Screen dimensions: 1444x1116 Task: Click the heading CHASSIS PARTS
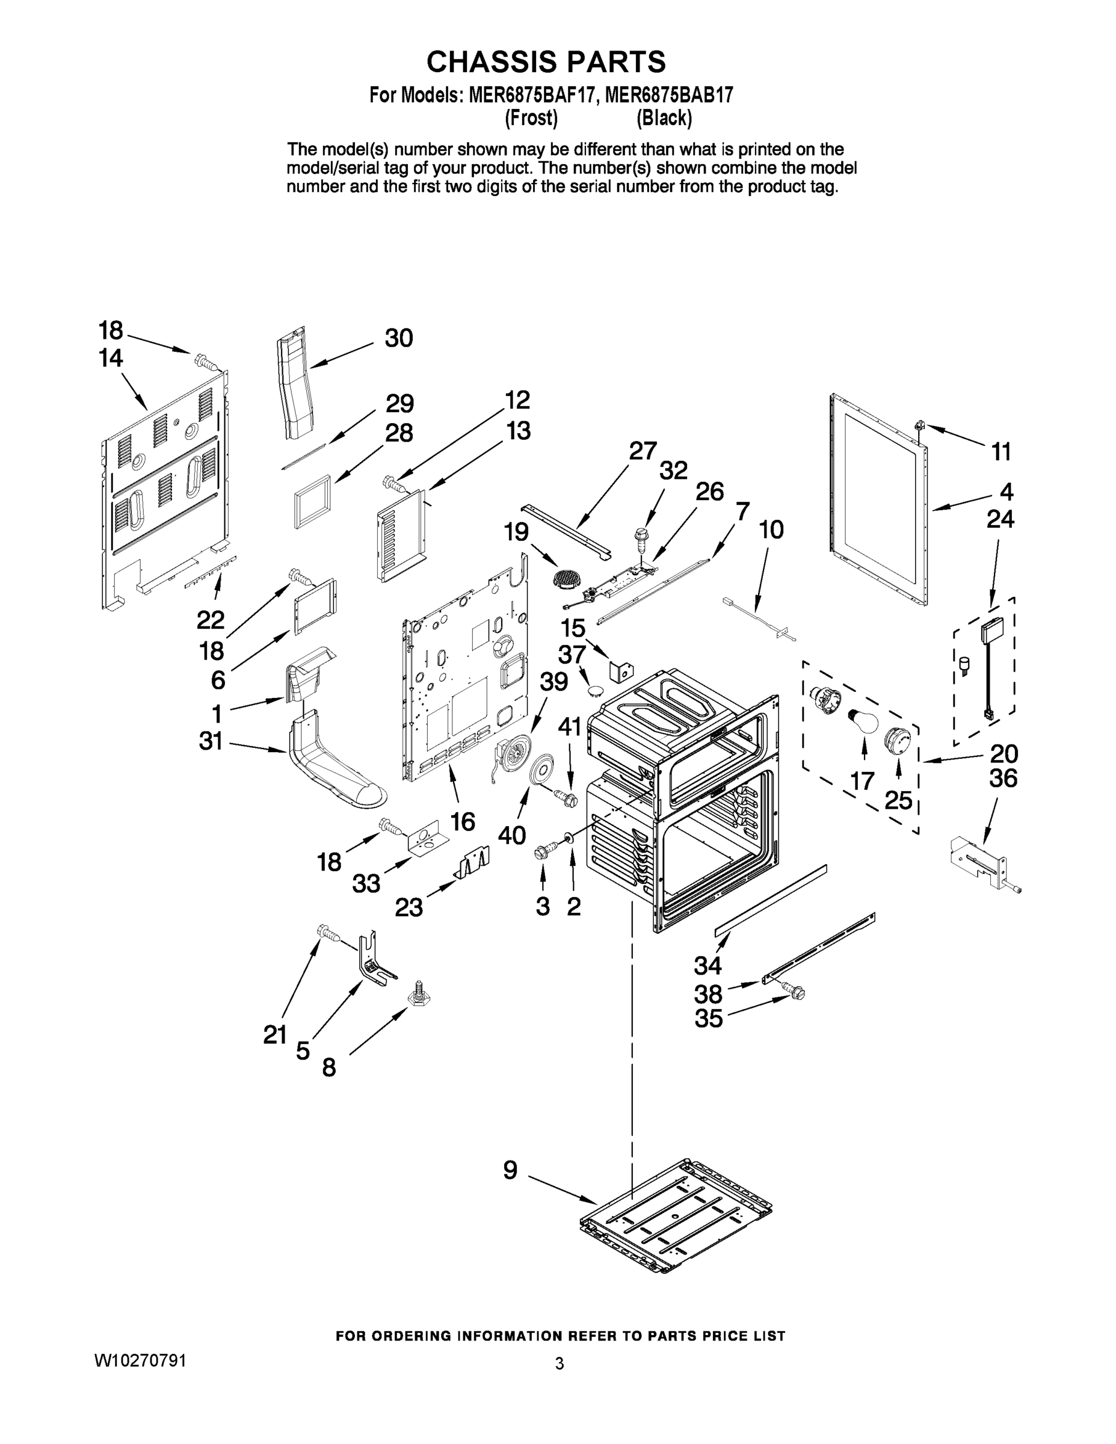click(x=546, y=61)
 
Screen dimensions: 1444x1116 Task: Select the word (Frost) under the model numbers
click(x=531, y=119)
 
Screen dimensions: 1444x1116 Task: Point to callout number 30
click(x=399, y=338)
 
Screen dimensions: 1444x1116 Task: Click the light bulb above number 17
click(x=863, y=720)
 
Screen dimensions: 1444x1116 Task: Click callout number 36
click(x=1002, y=778)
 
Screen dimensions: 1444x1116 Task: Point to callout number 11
click(x=1001, y=452)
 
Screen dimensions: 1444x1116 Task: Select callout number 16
click(x=462, y=821)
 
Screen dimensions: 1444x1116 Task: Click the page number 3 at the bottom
click(x=560, y=1363)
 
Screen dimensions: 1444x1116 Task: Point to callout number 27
click(x=642, y=451)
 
